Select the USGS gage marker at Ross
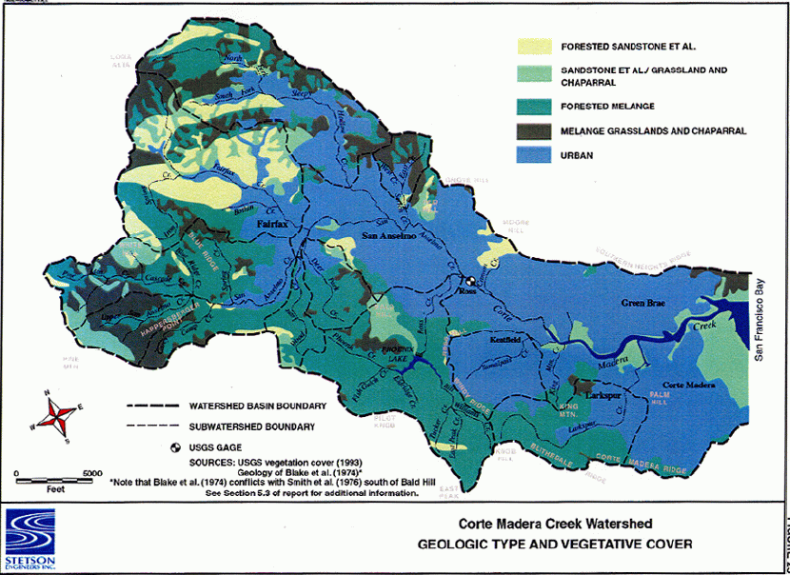tap(467, 282)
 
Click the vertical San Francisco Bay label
tap(760, 313)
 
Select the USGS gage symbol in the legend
tap(174, 447)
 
